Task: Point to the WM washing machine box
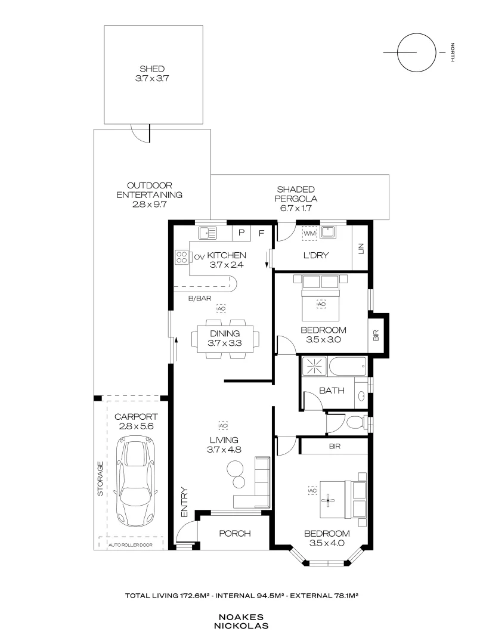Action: (x=309, y=233)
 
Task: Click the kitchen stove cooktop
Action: (x=181, y=257)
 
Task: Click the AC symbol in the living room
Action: (x=224, y=426)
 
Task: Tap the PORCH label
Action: (x=235, y=533)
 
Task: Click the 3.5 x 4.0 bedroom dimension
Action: (x=326, y=543)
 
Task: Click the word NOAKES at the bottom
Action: (x=241, y=618)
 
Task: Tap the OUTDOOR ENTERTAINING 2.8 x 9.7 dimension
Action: (x=149, y=204)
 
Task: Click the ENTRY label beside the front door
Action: (x=184, y=502)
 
